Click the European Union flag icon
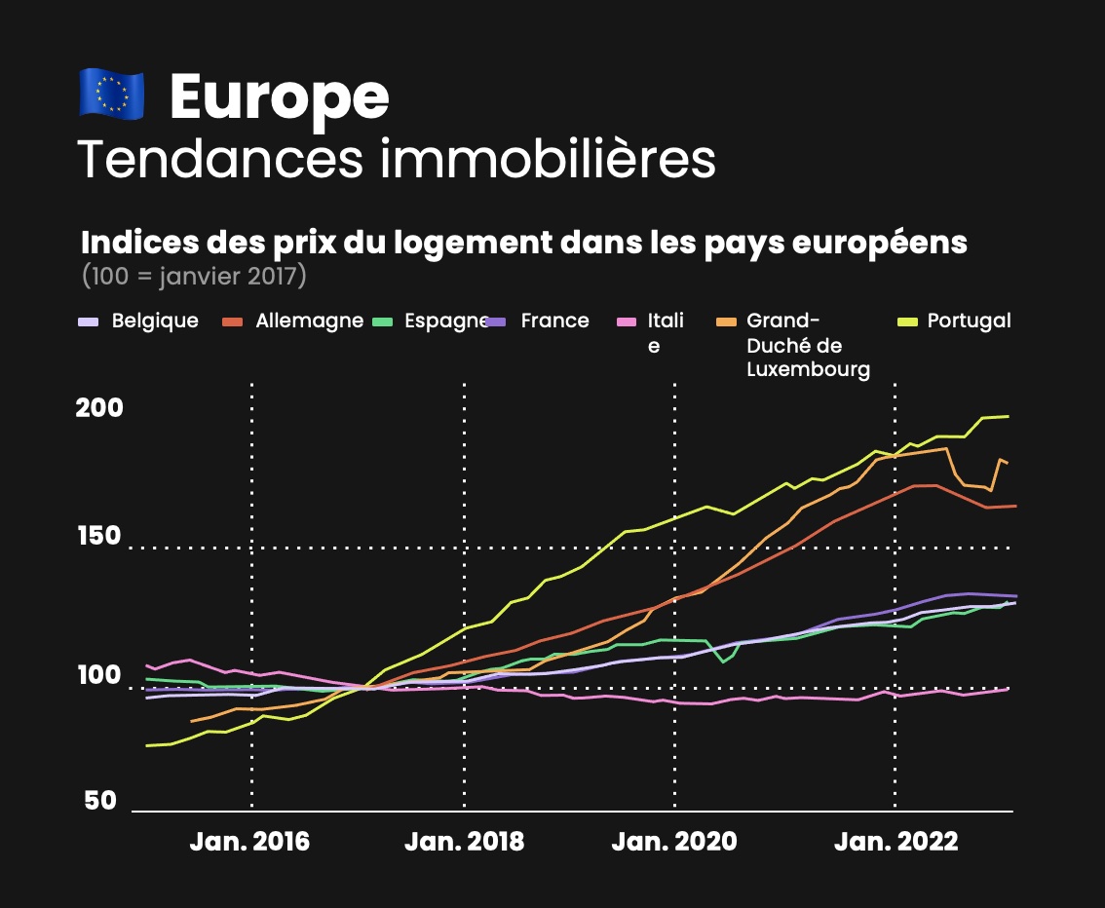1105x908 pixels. tap(111, 95)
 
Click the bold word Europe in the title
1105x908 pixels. tap(280, 96)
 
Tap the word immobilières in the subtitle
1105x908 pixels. tap(549, 161)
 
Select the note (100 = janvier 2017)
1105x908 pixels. tap(195, 276)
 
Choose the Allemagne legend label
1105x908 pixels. tap(309, 321)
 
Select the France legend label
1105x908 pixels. tap(554, 321)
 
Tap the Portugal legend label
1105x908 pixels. tap(969, 321)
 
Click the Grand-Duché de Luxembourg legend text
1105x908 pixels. tap(808, 345)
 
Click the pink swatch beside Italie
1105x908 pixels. tap(629, 322)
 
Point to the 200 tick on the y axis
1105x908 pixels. tap(99, 407)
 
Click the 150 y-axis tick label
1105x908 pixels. tap(99, 536)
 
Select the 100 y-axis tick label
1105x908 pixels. tap(99, 675)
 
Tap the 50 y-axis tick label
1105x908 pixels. tap(100, 801)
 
